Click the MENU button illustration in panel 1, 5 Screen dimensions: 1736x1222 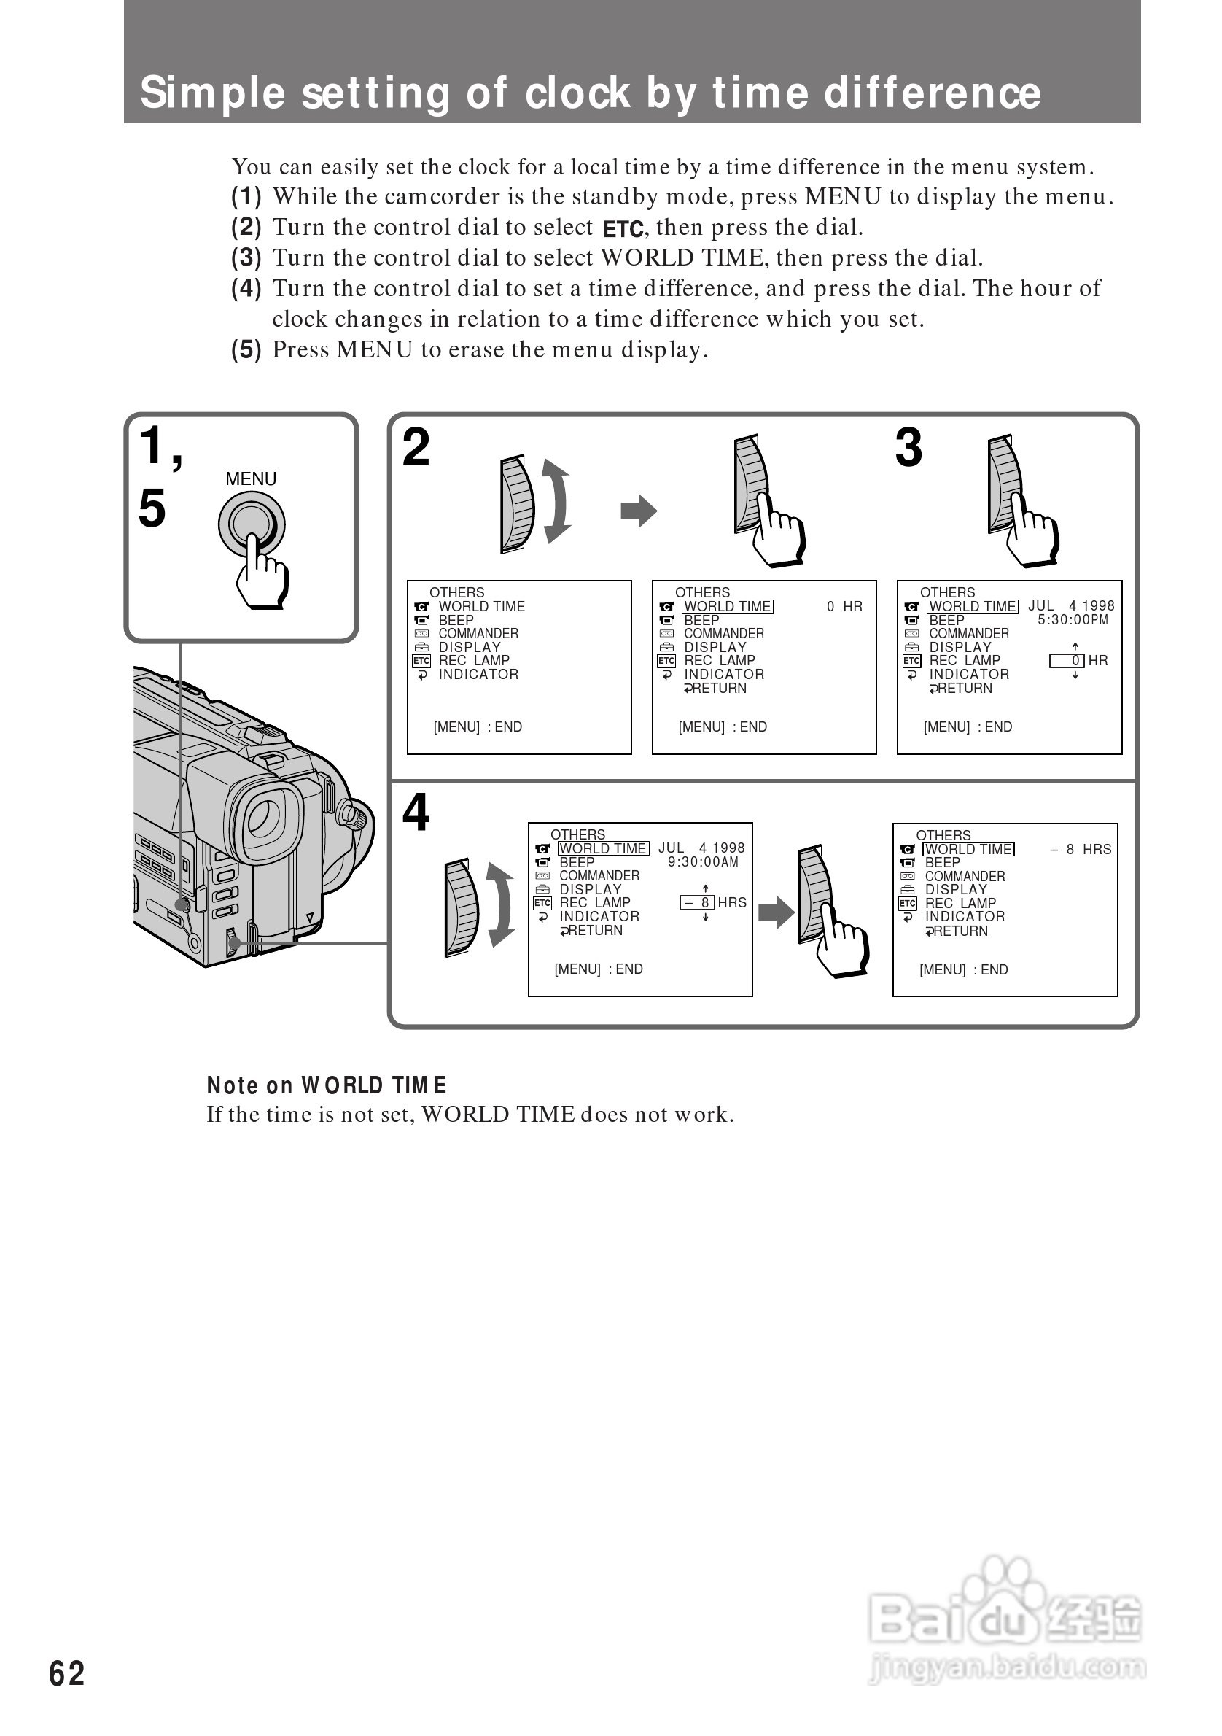[x=251, y=524]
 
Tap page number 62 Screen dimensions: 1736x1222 [x=66, y=1673]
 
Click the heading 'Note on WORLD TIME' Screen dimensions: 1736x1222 [x=327, y=1086]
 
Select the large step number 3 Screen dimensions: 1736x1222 [x=908, y=448]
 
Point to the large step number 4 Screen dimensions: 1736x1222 [x=416, y=813]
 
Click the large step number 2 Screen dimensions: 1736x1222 [x=416, y=448]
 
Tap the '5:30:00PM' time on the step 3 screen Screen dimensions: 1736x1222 [x=1073, y=620]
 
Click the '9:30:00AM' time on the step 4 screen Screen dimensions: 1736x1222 [x=703, y=862]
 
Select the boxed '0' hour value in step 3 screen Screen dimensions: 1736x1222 [x=1067, y=661]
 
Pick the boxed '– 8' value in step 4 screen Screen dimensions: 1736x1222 [x=697, y=903]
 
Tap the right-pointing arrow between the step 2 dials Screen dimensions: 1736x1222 [x=639, y=511]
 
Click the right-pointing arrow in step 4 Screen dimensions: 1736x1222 [x=776, y=912]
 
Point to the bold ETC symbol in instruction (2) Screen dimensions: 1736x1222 [x=623, y=228]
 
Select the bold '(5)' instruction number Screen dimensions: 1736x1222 [x=246, y=349]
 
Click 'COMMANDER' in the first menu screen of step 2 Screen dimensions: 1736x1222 [x=478, y=634]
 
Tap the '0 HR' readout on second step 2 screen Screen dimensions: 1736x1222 [x=844, y=606]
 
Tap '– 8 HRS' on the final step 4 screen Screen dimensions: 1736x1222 [x=1081, y=850]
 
